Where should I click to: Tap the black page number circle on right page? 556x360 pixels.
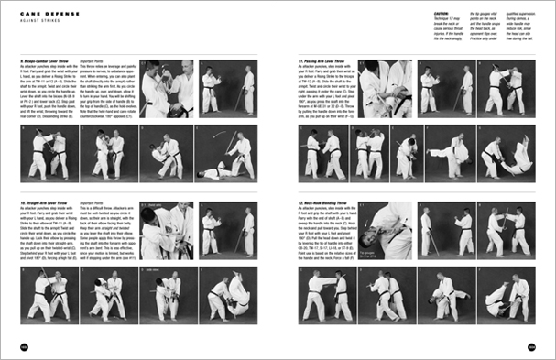click(530, 347)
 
